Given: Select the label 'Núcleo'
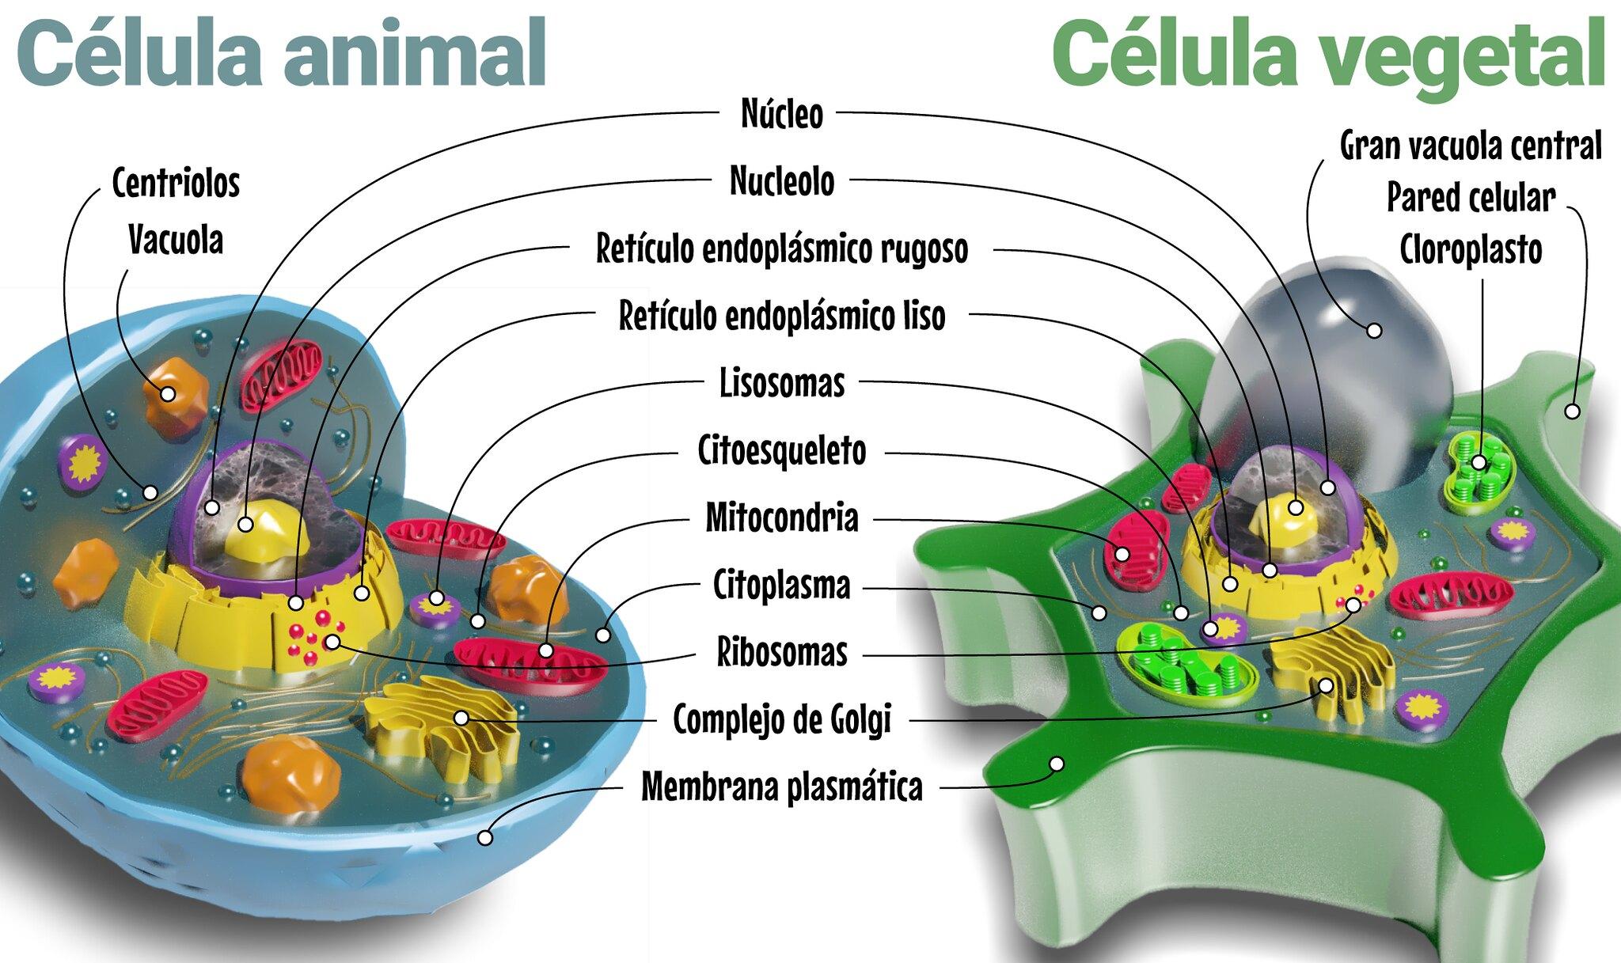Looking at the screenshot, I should pyautogui.click(x=781, y=114).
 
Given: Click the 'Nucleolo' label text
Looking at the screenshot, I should pyautogui.click(x=781, y=181).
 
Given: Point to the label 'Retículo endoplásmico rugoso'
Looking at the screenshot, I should pyautogui.click(x=781, y=248).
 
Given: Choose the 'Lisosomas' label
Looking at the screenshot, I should pyautogui.click(x=781, y=383).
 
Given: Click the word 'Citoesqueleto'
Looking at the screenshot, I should pyautogui.click(x=781, y=451).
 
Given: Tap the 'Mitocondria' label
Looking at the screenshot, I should pyautogui.click(x=781, y=518).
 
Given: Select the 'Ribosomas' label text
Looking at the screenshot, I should pyautogui.click(x=781, y=653).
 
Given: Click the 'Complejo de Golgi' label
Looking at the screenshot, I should pyautogui.click(x=781, y=719).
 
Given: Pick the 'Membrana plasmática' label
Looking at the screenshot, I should pyautogui.click(x=781, y=787).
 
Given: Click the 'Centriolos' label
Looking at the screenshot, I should pyautogui.click(x=176, y=183).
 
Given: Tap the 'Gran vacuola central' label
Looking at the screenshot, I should pyautogui.click(x=1470, y=146).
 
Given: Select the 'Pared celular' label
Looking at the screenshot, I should pyautogui.click(x=1470, y=198).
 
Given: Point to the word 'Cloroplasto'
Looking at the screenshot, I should pyautogui.click(x=1470, y=250).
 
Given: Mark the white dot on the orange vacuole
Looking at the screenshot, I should pyautogui.click(x=168, y=392).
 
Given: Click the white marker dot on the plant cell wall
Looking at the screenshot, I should pyautogui.click(x=1572, y=411).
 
